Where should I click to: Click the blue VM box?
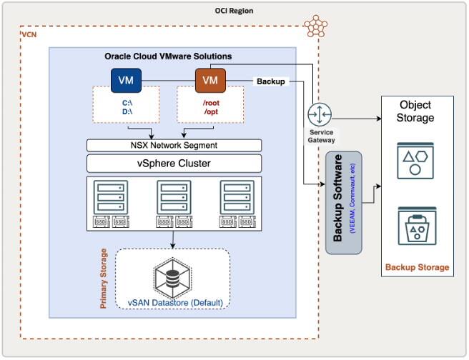(x=125, y=80)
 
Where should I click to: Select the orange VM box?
(x=210, y=80)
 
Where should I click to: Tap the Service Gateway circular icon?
(x=318, y=114)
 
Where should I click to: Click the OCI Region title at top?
(x=234, y=11)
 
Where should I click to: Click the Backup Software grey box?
(x=344, y=202)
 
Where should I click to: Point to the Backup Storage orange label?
(x=418, y=268)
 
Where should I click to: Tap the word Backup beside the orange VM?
(x=271, y=81)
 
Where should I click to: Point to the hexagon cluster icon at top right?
(x=315, y=26)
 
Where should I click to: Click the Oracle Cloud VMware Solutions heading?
(x=168, y=56)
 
